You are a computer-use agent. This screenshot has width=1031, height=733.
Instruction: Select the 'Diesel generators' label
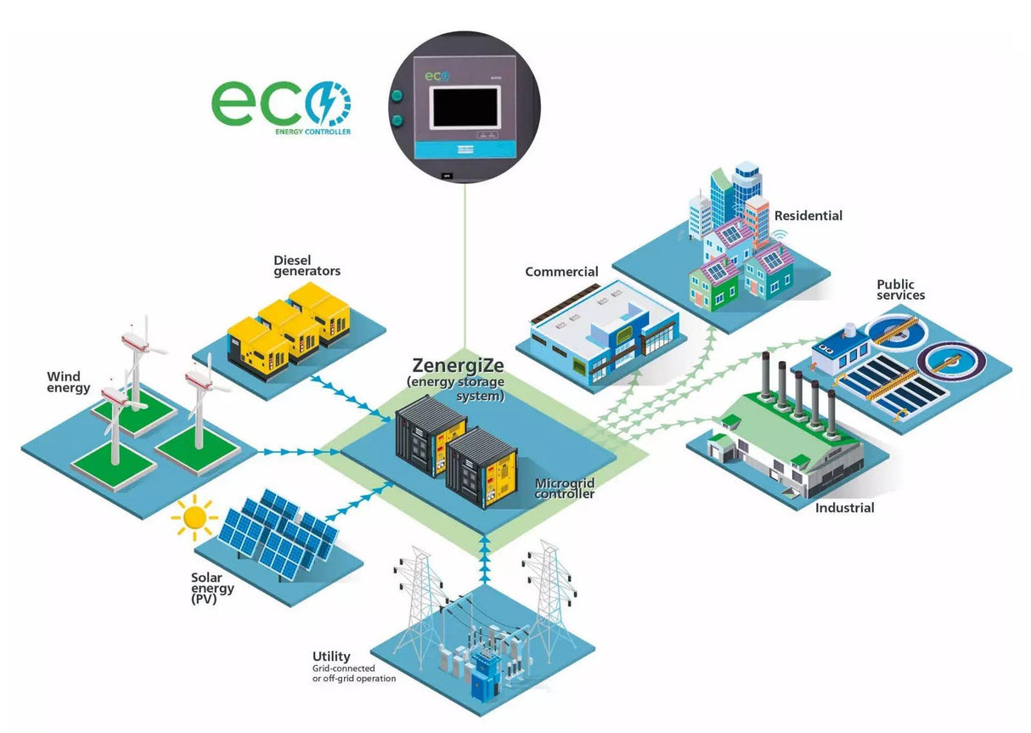click(307, 265)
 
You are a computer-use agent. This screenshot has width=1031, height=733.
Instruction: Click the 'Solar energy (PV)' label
click(213, 588)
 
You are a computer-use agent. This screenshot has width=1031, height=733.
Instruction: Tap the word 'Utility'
click(331, 656)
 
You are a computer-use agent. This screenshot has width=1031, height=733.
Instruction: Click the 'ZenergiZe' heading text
click(457, 366)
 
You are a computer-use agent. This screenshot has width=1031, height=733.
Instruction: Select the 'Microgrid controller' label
click(565, 488)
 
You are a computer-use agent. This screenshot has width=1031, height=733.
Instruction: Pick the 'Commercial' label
click(561, 272)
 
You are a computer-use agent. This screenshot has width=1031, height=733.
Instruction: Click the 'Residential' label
click(808, 216)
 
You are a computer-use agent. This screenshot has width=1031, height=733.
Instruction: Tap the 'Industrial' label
click(844, 508)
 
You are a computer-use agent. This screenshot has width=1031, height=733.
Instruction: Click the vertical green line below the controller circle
click(465, 272)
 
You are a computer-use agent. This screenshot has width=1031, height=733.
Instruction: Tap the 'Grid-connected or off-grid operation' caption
click(353, 674)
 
